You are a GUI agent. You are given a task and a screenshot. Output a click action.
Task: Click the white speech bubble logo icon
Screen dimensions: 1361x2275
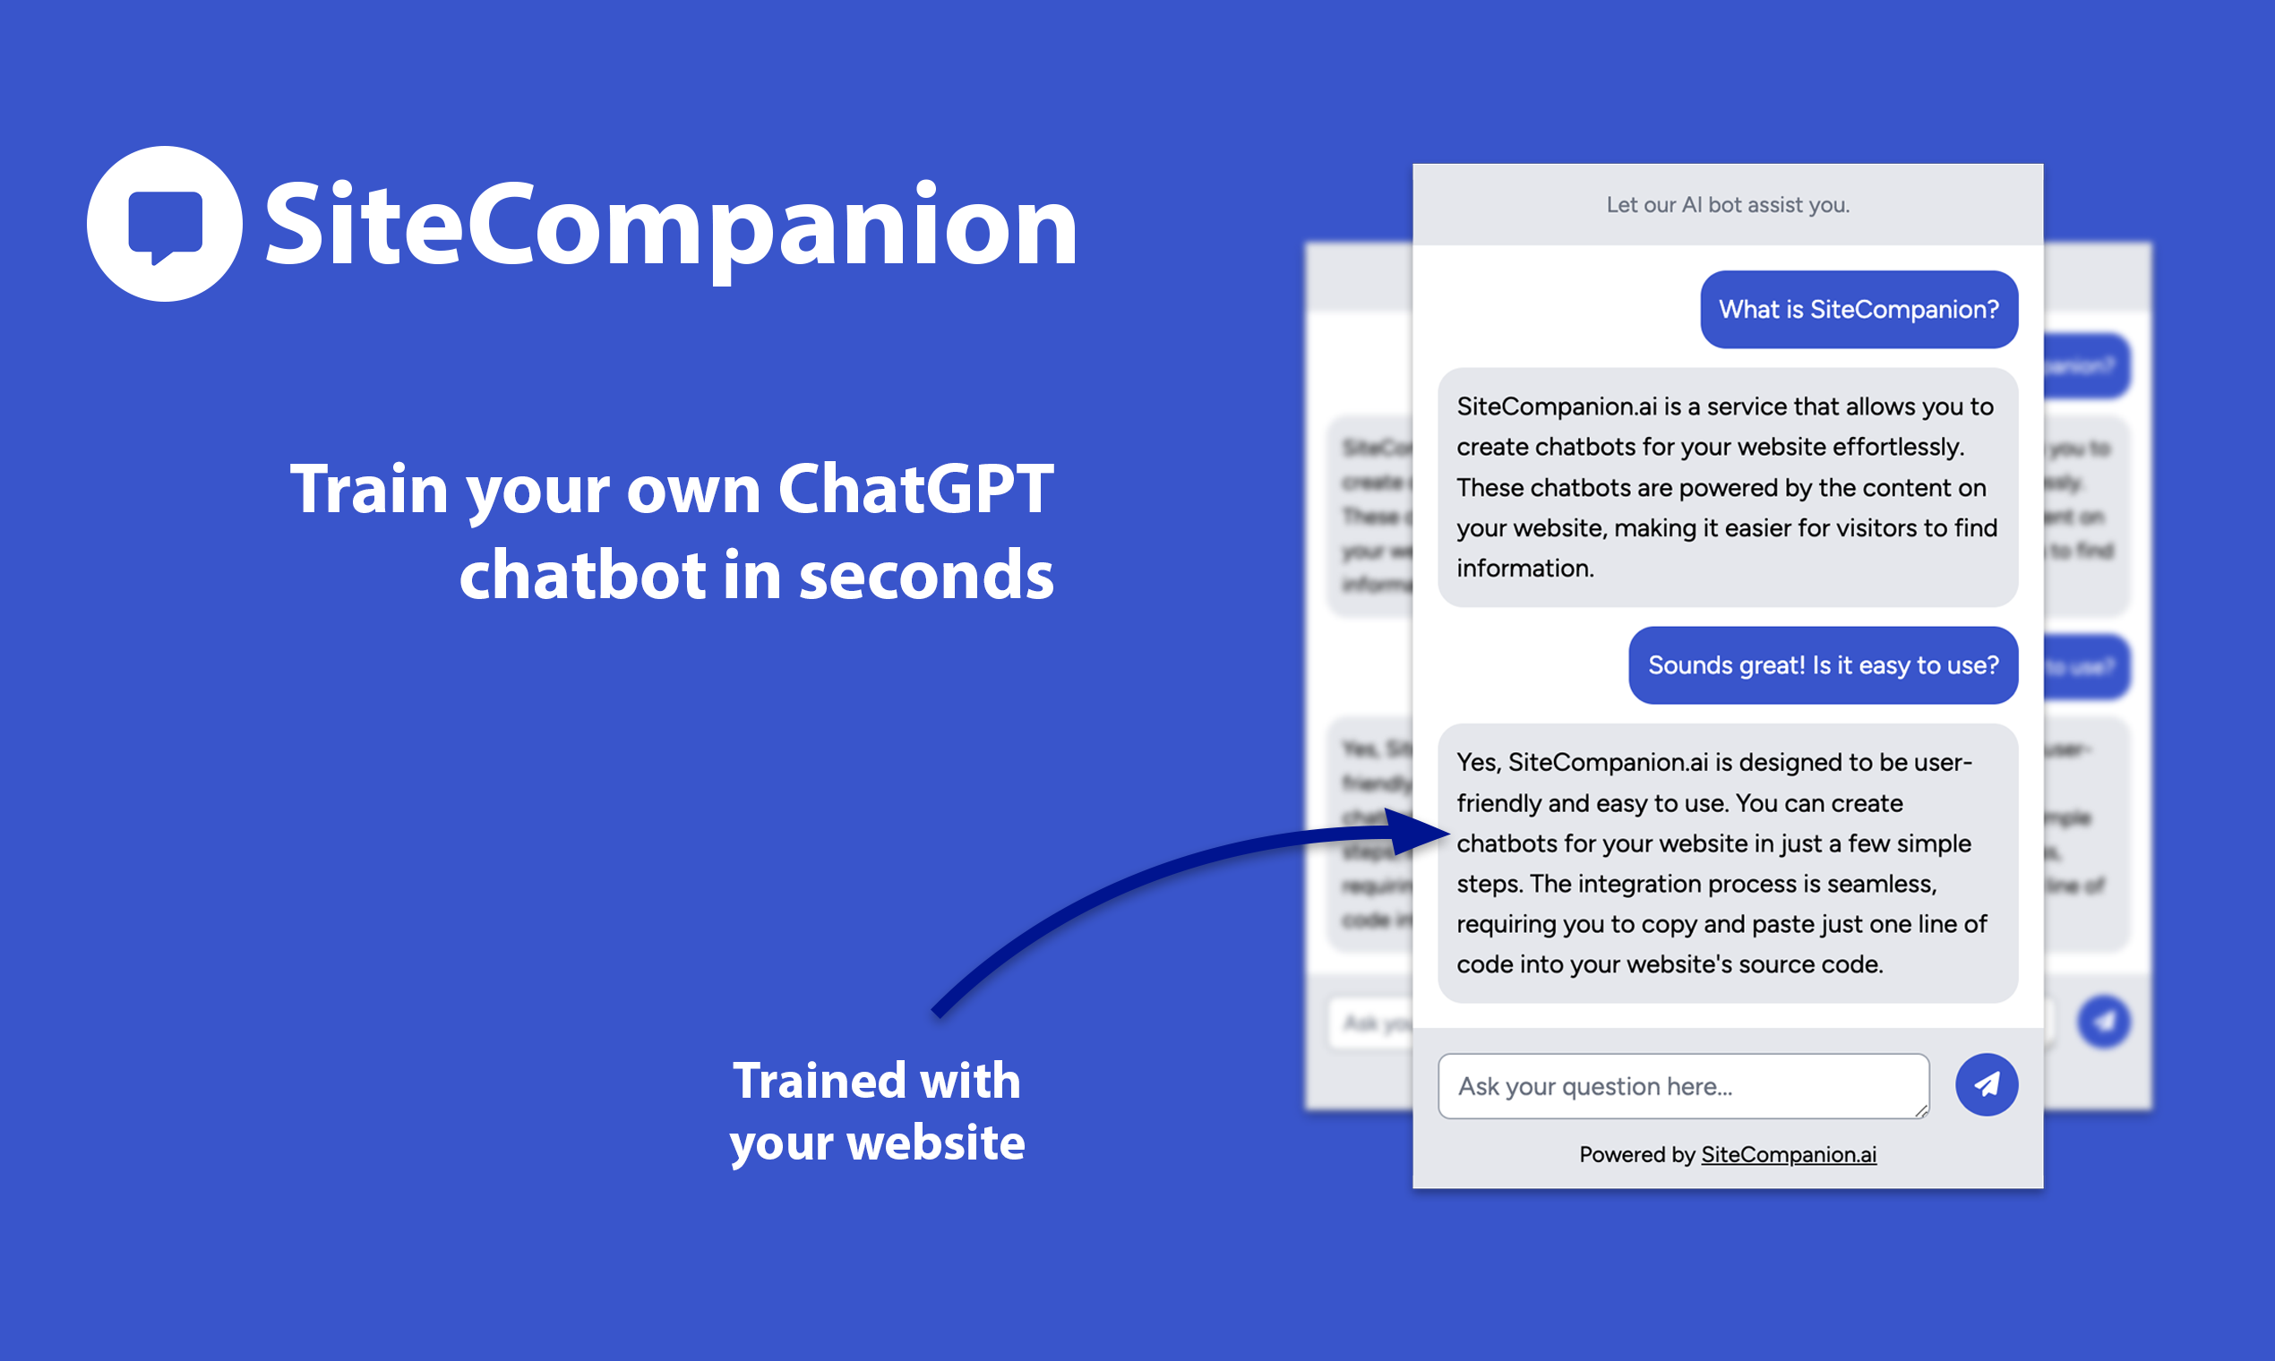pyautogui.click(x=165, y=224)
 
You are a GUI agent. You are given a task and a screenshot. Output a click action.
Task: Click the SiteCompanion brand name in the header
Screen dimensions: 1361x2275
pyautogui.click(x=671, y=226)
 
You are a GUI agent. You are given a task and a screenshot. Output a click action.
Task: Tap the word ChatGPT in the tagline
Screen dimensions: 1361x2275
pyautogui.click(x=915, y=488)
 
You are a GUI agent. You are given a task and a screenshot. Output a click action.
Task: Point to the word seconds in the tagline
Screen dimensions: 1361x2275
pyautogui.click(x=926, y=575)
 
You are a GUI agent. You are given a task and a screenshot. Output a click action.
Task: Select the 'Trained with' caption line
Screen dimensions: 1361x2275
pyautogui.click(x=876, y=1081)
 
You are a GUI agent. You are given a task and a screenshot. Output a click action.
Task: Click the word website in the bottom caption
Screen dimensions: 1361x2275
pyautogui.click(x=936, y=1143)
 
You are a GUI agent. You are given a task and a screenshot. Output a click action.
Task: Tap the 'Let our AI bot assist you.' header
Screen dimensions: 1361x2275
pyautogui.click(x=1728, y=204)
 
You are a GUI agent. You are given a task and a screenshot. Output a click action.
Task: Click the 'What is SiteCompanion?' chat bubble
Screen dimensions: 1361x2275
pyautogui.click(x=1859, y=310)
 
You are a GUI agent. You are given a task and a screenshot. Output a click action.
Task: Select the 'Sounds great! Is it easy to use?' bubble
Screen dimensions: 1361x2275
pyautogui.click(x=1823, y=666)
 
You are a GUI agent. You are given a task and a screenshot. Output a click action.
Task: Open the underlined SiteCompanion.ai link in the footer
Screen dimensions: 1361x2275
pyautogui.click(x=1789, y=1155)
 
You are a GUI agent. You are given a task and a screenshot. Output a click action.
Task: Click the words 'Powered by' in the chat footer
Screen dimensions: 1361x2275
pyautogui.click(x=1636, y=1155)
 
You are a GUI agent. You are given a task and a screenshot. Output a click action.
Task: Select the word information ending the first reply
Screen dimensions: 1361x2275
pyautogui.click(x=1524, y=569)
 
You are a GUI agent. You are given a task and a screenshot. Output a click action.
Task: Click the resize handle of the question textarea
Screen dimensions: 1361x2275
pyautogui.click(x=1921, y=1110)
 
